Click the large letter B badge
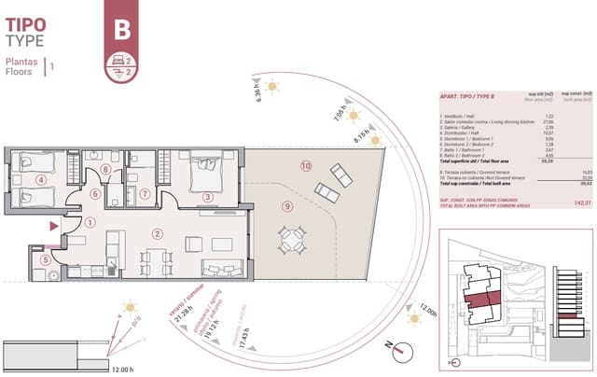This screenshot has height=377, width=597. tap(120, 29)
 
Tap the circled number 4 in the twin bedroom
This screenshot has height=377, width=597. tap(41, 180)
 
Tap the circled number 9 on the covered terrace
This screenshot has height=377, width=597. tap(288, 206)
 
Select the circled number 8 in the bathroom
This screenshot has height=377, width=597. tap(106, 169)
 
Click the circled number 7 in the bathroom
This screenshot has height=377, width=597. tap(145, 194)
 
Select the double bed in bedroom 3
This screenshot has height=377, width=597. tap(205, 169)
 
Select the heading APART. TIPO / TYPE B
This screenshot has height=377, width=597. tap(466, 97)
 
